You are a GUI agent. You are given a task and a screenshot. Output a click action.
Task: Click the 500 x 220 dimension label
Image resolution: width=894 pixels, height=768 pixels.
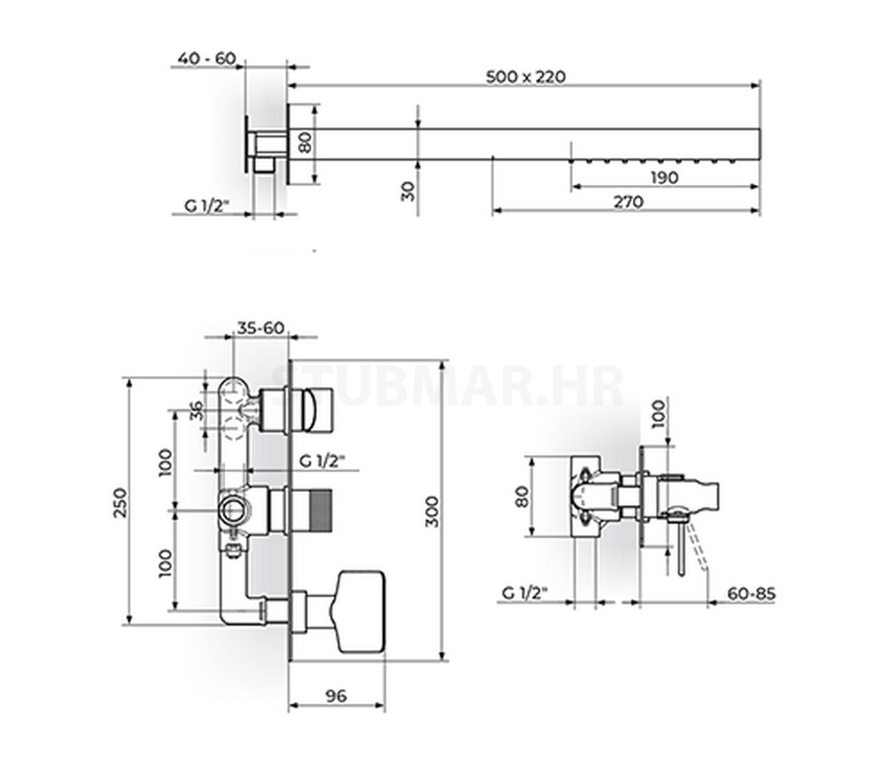pos(525,77)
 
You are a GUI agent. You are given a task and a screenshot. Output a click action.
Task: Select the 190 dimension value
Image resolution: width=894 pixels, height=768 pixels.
pos(664,178)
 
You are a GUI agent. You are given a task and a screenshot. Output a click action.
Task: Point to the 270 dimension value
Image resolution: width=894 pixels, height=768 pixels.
pos(629,202)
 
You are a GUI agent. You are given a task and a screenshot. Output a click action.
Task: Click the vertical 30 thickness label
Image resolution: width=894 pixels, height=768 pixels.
pos(408,191)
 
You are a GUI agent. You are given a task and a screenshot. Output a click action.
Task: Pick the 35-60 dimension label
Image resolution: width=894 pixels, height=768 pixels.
pos(261,328)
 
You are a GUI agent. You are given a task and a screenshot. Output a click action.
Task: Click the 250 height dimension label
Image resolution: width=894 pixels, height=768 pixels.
pos(121,502)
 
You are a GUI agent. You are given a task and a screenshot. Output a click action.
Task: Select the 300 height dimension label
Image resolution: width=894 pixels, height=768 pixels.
pos(431,512)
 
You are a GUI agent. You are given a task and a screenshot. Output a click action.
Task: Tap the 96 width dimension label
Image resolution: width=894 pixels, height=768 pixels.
pos(336,696)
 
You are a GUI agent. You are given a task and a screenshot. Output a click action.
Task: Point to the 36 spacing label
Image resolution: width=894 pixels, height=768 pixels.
pos(196,410)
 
